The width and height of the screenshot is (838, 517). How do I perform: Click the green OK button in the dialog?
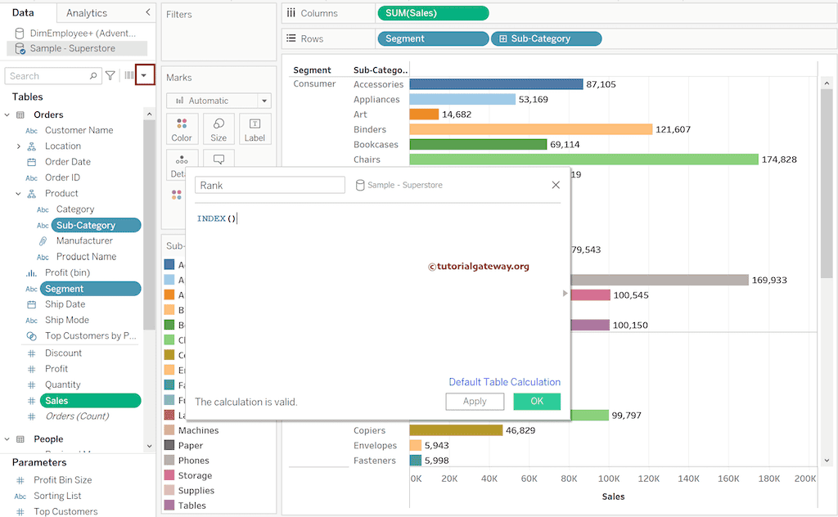point(537,402)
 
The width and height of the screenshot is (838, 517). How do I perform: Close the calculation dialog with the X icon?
point(556,186)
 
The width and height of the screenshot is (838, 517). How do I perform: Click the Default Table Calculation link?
point(504,382)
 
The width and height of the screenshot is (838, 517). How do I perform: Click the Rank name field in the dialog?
point(269,186)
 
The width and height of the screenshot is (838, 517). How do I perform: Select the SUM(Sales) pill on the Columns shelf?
point(433,13)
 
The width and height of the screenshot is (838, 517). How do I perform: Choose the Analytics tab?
point(87,13)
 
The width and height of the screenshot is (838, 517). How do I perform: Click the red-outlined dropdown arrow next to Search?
point(145,75)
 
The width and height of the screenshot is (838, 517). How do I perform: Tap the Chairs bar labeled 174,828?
point(583,160)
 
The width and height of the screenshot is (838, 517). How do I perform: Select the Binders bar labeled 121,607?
point(530,129)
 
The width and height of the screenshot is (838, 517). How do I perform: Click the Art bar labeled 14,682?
point(424,115)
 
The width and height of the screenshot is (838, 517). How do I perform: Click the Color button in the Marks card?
point(182,129)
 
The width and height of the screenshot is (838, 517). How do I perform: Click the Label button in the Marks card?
point(255,129)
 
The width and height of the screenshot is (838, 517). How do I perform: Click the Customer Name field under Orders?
point(79,130)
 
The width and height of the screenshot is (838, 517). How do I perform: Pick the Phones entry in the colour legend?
point(194,461)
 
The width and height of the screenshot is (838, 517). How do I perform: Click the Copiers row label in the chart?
point(370,430)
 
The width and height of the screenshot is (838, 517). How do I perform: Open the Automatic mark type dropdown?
point(219,101)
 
